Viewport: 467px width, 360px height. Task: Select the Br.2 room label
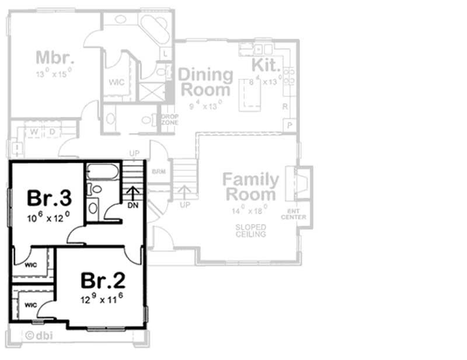103,280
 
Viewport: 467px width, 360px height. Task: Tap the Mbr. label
54,58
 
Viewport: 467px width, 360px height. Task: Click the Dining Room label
205,83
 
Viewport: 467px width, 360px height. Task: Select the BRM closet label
158,172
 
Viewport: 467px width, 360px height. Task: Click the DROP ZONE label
169,119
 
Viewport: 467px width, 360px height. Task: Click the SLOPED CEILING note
251,230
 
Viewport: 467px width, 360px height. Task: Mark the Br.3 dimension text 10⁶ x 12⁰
48,216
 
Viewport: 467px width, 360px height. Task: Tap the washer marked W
34,131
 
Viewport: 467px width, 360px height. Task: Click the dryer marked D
51,131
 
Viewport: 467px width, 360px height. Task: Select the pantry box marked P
288,125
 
